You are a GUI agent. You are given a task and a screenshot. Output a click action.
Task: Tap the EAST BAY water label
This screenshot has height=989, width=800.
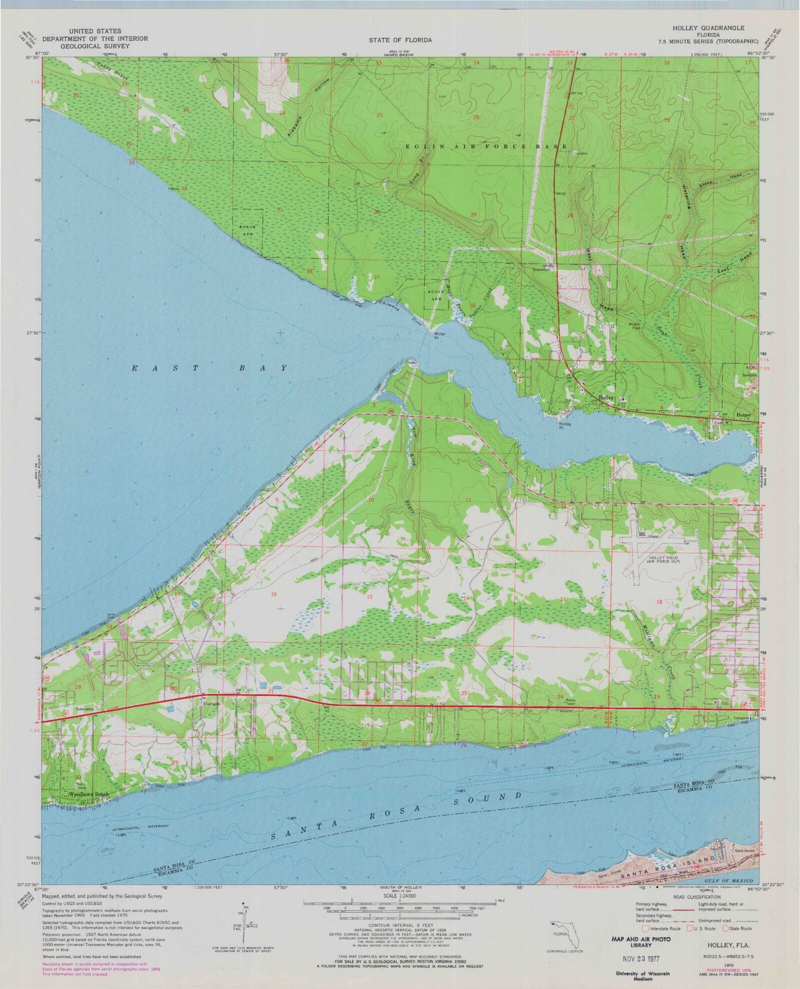(x=210, y=368)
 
